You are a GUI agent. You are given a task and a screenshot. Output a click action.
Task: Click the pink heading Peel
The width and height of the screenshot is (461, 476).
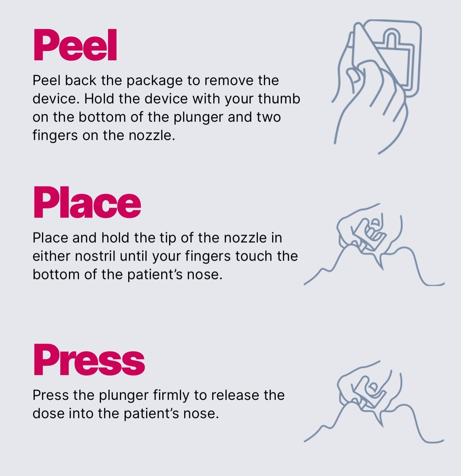tap(75, 45)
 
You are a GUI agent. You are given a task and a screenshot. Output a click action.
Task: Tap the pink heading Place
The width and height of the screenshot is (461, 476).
tap(87, 202)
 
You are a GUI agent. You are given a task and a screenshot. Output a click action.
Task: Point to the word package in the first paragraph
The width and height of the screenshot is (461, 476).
tap(155, 81)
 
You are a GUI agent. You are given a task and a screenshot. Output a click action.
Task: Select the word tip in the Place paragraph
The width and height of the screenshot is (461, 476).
tap(168, 238)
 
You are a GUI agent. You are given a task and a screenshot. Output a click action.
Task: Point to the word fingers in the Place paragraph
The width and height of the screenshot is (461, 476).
tap(208, 257)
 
